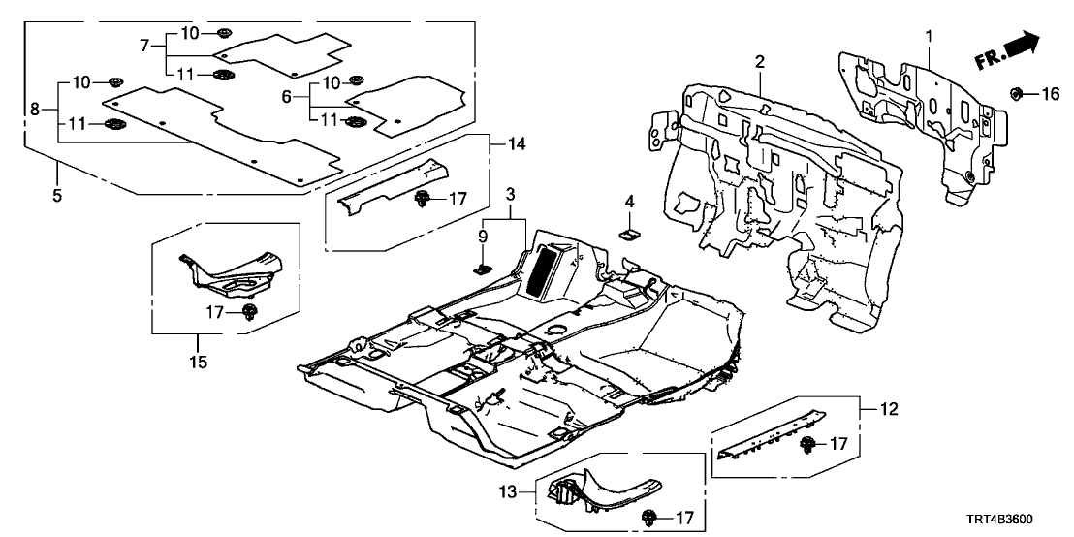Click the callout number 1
tap(929, 37)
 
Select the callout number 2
tap(761, 62)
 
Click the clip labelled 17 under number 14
tap(424, 200)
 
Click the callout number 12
tap(889, 410)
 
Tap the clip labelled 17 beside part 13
tap(647, 519)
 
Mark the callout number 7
tap(145, 45)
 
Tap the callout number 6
tap(286, 98)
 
